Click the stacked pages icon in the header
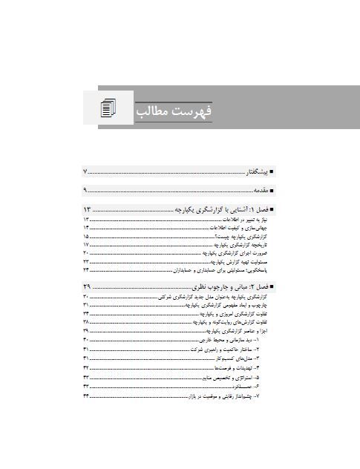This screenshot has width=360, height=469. click(110, 108)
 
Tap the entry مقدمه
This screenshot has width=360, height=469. click(259, 191)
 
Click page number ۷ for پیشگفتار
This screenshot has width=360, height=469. click(86, 172)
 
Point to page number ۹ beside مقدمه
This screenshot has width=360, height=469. click(86, 191)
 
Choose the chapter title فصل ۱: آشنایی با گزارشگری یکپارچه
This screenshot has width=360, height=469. click(223, 210)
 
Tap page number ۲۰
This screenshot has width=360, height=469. click(86, 253)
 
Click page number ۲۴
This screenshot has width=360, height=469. click(86, 271)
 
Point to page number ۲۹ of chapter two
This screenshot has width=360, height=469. click(86, 286)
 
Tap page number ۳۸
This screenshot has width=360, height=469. click(86, 323)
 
